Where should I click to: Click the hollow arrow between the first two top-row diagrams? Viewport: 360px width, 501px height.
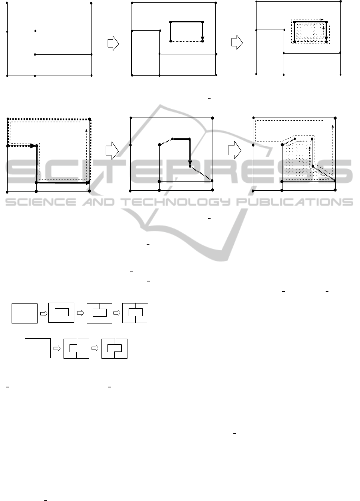point(113,44)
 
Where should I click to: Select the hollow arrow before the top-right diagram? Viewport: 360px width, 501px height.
point(237,42)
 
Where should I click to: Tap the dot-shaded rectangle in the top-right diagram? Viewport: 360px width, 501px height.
point(310,32)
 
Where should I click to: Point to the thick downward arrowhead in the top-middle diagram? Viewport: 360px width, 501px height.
point(203,39)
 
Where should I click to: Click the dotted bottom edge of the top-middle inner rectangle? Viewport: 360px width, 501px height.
point(187,41)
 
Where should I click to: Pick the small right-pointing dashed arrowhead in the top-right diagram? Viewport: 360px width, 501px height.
point(322,20)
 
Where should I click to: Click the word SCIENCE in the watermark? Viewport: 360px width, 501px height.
point(41,202)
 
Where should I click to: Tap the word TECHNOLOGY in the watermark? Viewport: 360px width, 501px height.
point(176,202)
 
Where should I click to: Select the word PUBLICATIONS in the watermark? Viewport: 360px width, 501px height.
point(294,202)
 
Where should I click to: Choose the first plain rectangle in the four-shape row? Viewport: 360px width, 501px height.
point(25,313)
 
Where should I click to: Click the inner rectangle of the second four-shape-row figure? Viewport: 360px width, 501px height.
point(62,309)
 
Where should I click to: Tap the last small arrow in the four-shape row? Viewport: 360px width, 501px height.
point(117,313)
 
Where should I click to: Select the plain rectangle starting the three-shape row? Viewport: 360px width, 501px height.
point(38,348)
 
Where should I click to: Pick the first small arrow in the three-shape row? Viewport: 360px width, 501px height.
point(57,348)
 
